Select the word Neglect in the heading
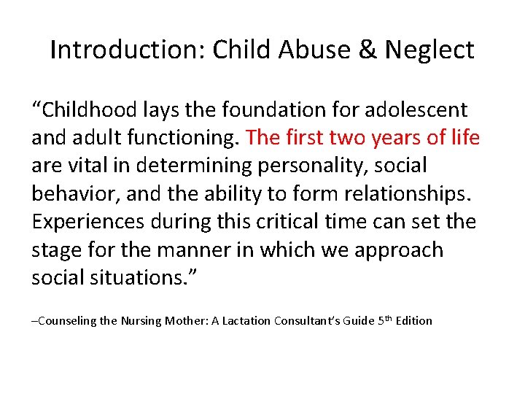(x=429, y=50)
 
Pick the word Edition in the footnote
(x=412, y=320)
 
